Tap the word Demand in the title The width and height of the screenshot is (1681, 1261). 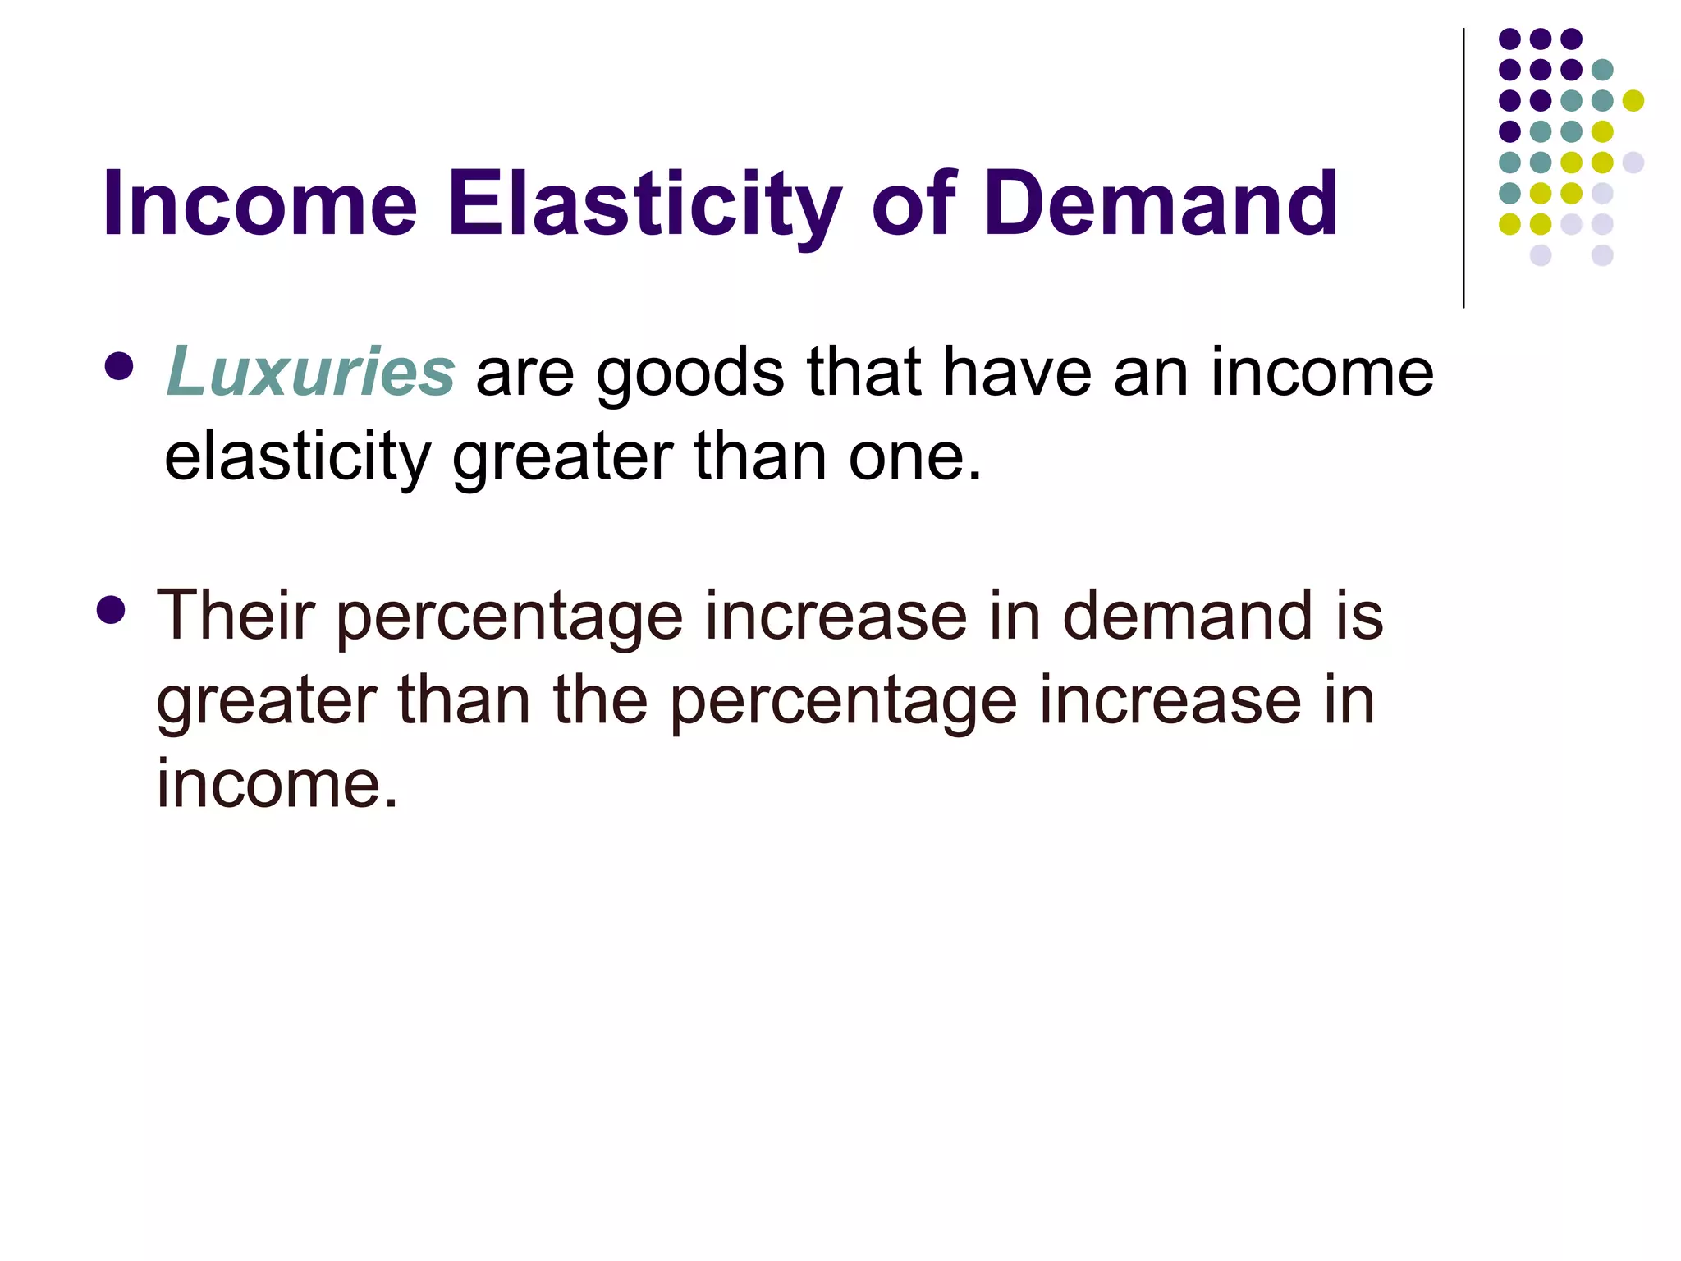point(1161,203)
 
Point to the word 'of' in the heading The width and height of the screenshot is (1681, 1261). point(914,203)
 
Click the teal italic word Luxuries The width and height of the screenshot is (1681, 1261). point(310,372)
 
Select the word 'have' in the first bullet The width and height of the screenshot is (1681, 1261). point(1017,372)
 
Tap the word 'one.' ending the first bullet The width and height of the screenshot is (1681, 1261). point(914,456)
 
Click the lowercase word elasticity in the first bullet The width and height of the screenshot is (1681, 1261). point(297,458)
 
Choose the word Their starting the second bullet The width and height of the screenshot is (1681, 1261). point(236,615)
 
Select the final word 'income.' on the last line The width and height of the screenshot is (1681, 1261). point(277,783)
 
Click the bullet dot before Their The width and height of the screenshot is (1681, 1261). point(111,610)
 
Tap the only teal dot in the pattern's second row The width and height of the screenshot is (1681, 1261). point(1602,70)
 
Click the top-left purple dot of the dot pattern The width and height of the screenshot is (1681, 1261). point(1509,39)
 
